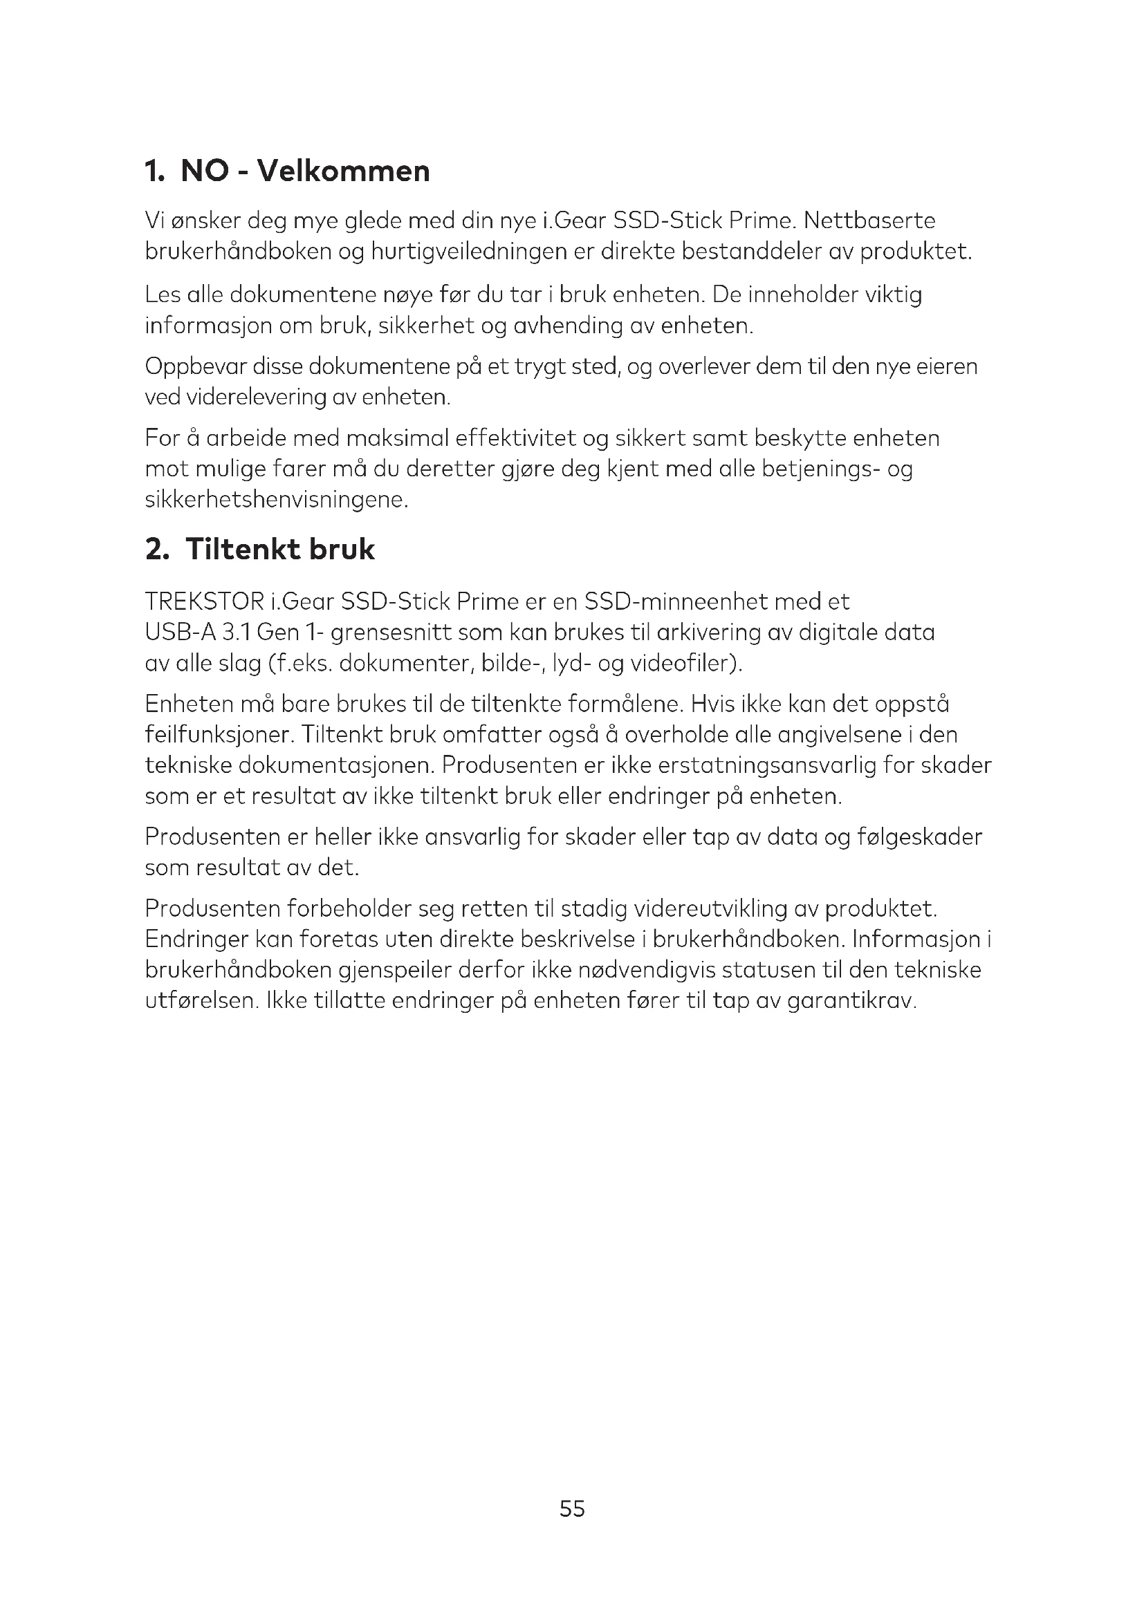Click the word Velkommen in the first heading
pyautogui.click(x=343, y=171)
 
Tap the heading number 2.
pyautogui.click(x=157, y=550)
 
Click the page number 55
pyautogui.click(x=572, y=1508)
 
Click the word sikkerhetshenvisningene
pyautogui.click(x=276, y=500)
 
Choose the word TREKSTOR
pyautogui.click(x=204, y=601)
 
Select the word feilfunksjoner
pyautogui.click(x=218, y=735)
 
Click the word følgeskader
pyautogui.click(x=919, y=836)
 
